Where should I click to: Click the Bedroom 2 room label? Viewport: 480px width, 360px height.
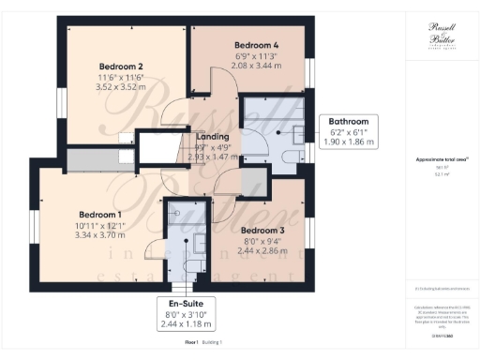[121, 67]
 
